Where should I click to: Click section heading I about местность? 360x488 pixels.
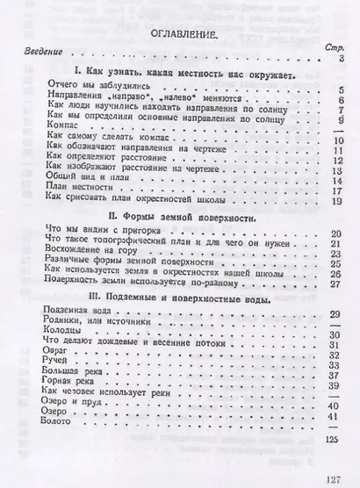coord(184,75)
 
